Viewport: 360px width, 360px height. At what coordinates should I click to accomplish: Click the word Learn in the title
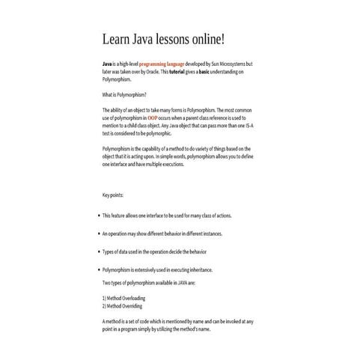pos(117,38)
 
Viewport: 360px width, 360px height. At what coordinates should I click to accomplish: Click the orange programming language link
pos(162,65)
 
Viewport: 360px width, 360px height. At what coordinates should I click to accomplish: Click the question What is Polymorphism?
pos(124,94)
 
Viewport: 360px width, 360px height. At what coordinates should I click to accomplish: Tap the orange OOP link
pos(153,118)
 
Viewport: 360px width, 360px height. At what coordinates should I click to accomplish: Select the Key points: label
pos(113,196)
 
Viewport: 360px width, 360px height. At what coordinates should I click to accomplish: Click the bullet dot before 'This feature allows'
pos(99,216)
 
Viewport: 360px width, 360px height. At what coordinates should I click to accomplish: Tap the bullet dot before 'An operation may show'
pos(99,234)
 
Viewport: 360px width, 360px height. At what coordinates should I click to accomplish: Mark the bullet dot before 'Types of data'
pos(99,251)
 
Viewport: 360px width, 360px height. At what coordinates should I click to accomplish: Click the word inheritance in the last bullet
pos(197,269)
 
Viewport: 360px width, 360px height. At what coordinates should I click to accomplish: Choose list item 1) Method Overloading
pos(123,298)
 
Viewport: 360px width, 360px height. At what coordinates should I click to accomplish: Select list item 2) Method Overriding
pos(122,305)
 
